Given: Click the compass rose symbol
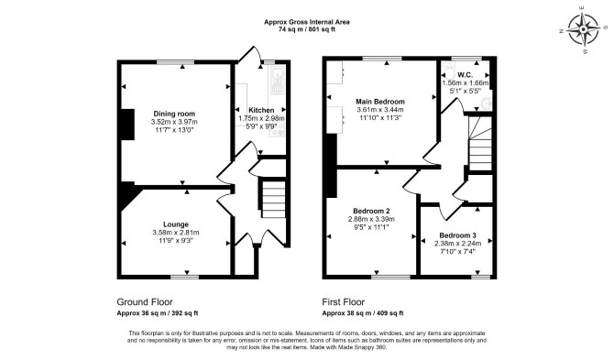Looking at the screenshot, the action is [x=584, y=29].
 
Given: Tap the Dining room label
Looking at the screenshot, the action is [x=174, y=114].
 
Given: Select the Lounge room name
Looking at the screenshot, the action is [x=176, y=224].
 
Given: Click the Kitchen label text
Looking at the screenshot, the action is [x=261, y=110].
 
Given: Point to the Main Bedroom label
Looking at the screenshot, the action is [x=380, y=102].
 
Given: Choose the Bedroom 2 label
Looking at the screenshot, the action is [x=371, y=211].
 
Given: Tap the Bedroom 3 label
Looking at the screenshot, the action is [x=458, y=235].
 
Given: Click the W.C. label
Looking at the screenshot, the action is [x=465, y=74].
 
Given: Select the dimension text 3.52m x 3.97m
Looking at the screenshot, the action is [x=174, y=122].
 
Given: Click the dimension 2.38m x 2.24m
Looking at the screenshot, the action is [x=458, y=243].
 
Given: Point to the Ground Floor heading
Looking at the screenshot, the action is [x=145, y=302].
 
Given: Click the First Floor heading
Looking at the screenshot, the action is [x=343, y=302].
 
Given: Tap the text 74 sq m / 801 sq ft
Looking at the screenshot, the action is [x=307, y=29].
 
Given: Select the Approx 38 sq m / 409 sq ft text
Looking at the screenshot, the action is [x=363, y=313].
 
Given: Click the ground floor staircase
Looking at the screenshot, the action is [x=272, y=199].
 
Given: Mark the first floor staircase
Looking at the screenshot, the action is [x=480, y=143].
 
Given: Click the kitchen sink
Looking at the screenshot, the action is [x=277, y=72].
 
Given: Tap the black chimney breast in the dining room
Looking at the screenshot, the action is [x=127, y=125].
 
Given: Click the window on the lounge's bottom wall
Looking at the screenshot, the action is [x=184, y=277].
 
